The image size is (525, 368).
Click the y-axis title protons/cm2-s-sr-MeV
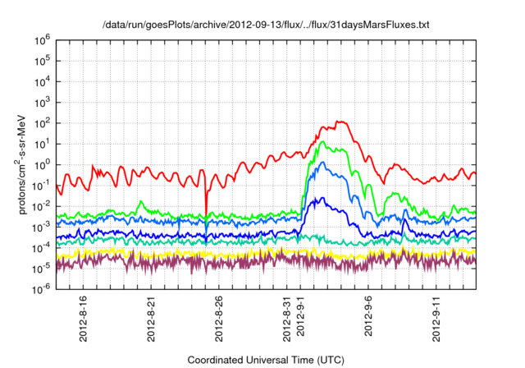(x=24, y=163)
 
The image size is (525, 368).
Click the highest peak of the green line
(x=322, y=142)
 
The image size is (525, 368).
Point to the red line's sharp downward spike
(x=206, y=218)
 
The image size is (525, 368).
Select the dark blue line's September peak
(x=322, y=198)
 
